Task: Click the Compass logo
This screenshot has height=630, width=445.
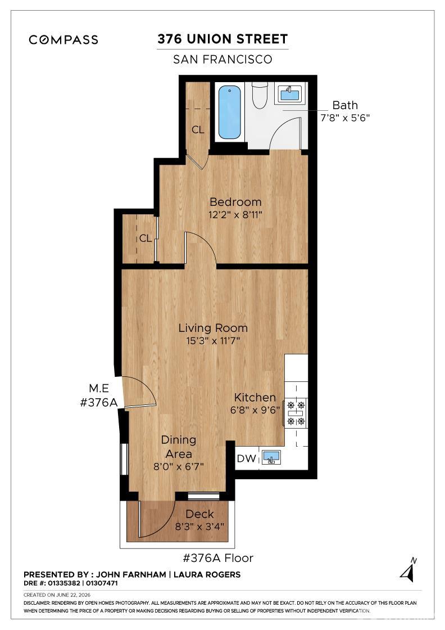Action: [x=63, y=39]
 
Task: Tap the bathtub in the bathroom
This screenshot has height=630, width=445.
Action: [x=229, y=112]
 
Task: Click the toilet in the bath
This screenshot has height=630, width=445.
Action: [x=260, y=95]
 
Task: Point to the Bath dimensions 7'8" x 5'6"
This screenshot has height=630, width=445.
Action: [x=344, y=118]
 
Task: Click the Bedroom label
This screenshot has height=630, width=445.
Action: [x=235, y=202]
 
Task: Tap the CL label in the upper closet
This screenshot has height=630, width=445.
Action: [x=198, y=130]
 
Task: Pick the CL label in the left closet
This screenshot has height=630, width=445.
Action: [x=146, y=238]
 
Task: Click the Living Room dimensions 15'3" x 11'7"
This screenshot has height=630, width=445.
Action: [x=213, y=341]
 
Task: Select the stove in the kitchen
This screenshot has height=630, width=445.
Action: [x=296, y=413]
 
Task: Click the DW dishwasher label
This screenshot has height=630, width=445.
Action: [x=246, y=458]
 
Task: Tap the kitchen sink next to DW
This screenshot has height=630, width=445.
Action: [x=271, y=457]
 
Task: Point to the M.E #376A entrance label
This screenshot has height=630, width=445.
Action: [x=99, y=395]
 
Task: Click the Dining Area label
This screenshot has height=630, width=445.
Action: [x=179, y=447]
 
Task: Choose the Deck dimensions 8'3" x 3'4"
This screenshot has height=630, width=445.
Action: [x=199, y=526]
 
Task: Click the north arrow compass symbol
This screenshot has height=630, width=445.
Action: [x=408, y=570]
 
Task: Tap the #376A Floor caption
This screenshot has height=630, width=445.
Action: [x=218, y=558]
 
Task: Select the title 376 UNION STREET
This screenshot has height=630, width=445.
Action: [x=222, y=39]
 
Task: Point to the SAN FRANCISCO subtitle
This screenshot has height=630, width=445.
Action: [x=222, y=60]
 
